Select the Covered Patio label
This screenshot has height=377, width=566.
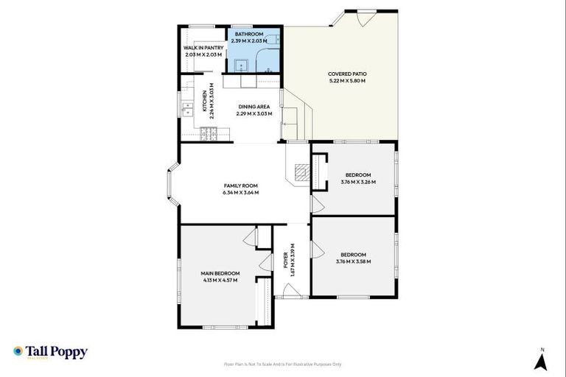pyautogui.click(x=347, y=74)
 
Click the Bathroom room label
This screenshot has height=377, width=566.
pyautogui.click(x=249, y=35)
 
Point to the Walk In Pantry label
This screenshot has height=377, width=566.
pyautogui.click(x=203, y=48)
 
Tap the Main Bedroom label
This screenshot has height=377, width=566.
pyautogui.click(x=220, y=274)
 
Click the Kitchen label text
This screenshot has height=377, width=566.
pyautogui.click(x=205, y=101)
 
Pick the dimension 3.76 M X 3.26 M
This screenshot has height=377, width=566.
pyautogui.click(x=357, y=182)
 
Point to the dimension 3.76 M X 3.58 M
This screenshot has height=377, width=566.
pyautogui.click(x=353, y=261)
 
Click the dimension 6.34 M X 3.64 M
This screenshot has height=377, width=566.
pyautogui.click(x=240, y=193)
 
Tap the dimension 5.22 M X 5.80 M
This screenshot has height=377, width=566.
pyautogui.click(x=347, y=80)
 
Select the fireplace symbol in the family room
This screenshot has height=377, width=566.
pyautogui.click(x=300, y=172)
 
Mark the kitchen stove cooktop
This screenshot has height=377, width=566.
pyautogui.click(x=209, y=133)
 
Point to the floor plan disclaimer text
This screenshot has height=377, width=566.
pyautogui.click(x=283, y=364)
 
